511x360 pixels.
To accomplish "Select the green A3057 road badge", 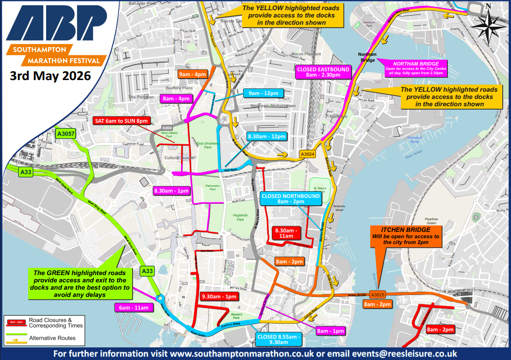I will [x=65, y=134].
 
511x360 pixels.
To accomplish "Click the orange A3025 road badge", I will [x=377, y=295].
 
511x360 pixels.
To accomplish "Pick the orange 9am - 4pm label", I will [x=193, y=74].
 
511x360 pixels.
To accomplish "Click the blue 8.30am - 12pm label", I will [x=267, y=137].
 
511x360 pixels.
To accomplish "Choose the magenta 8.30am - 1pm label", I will [x=171, y=191].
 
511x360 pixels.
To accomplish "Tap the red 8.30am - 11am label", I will [x=286, y=233].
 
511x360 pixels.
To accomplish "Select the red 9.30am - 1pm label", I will [x=218, y=296].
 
